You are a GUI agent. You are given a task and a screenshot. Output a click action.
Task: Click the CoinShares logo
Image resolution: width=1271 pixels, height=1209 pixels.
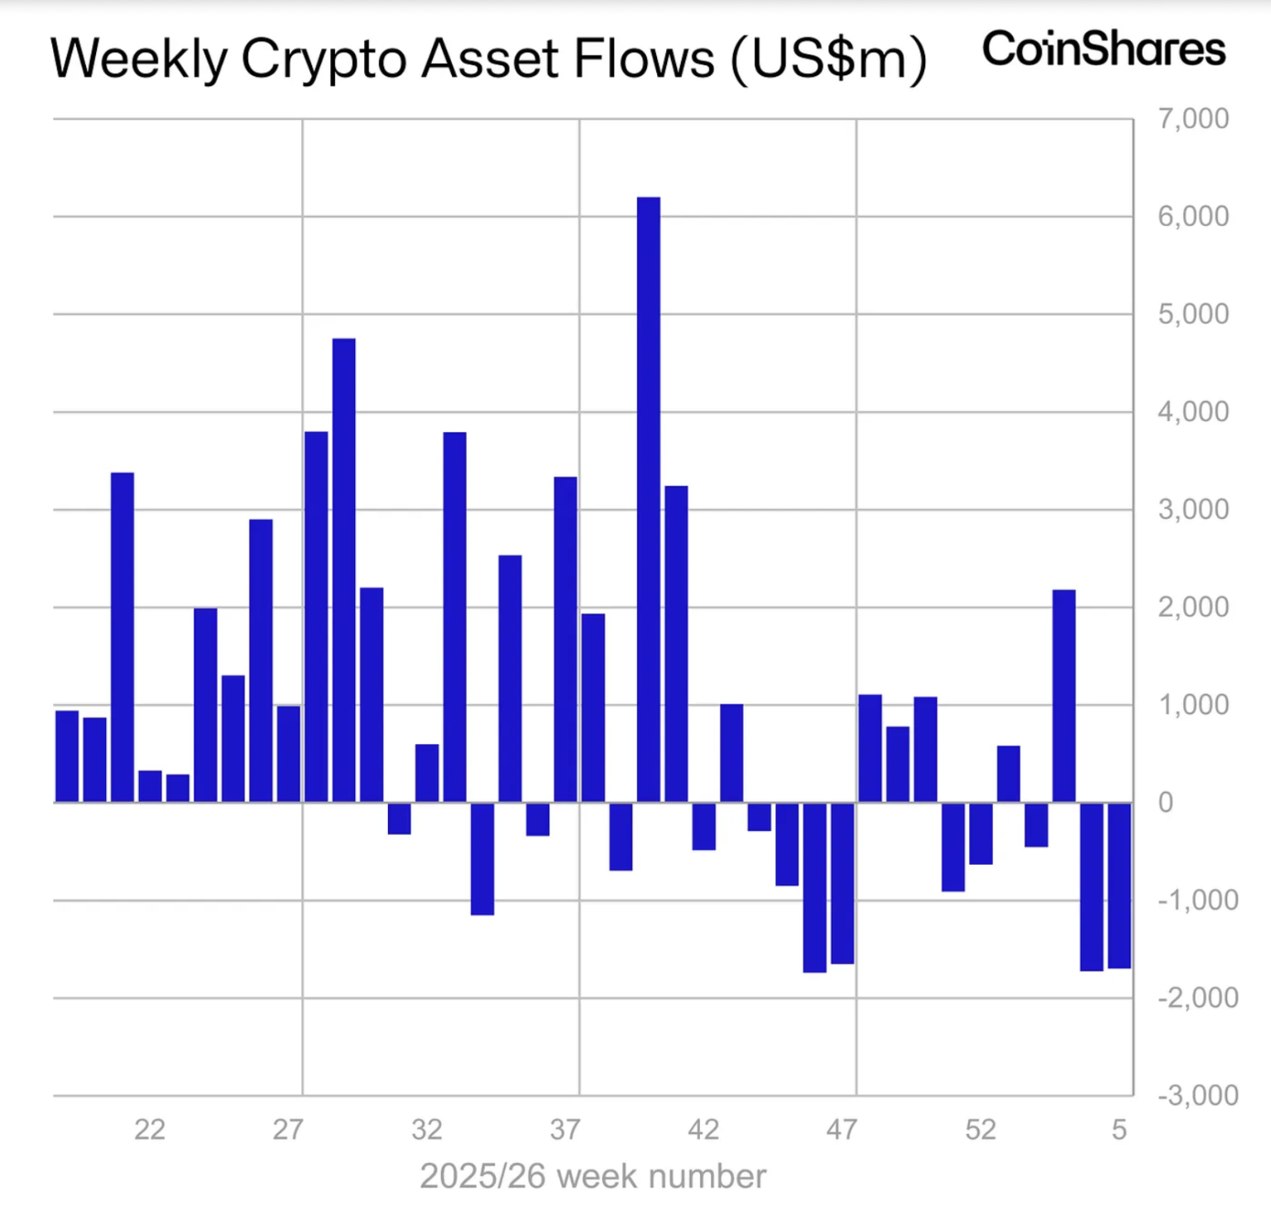(1103, 49)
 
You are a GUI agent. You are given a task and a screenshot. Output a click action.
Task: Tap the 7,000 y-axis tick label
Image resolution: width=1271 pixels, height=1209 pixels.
(1192, 119)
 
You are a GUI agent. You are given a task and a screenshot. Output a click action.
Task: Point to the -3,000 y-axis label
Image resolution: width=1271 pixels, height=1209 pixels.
(1197, 1095)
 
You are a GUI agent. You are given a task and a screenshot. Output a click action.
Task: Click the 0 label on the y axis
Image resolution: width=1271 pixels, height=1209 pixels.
(1165, 802)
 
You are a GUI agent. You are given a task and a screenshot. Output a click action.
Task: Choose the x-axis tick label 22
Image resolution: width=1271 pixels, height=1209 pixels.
(150, 1130)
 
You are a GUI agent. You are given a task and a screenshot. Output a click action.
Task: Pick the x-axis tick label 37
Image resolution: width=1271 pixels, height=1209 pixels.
(565, 1130)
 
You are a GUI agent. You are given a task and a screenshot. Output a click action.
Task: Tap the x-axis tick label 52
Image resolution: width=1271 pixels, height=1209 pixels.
(981, 1130)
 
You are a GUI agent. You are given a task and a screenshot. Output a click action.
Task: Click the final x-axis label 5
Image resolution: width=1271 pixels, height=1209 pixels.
(1119, 1130)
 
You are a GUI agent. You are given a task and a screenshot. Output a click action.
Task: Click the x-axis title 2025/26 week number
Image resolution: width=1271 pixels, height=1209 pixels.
(592, 1176)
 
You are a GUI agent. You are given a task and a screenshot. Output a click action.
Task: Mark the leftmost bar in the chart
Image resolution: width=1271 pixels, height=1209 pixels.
(67, 756)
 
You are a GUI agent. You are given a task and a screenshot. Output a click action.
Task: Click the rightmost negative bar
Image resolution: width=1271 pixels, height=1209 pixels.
(1119, 885)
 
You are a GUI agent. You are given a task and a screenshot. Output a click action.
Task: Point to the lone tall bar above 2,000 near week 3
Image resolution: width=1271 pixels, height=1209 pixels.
(1064, 696)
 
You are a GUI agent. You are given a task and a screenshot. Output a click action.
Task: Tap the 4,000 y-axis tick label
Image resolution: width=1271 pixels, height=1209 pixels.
(1192, 411)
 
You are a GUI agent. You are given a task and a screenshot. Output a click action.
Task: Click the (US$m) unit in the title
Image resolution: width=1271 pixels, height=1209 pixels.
(828, 60)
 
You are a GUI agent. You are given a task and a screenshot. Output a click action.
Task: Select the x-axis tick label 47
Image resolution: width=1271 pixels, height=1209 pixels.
(842, 1130)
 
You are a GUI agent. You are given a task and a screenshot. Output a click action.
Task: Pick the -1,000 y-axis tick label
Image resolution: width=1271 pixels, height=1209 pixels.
(1197, 900)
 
